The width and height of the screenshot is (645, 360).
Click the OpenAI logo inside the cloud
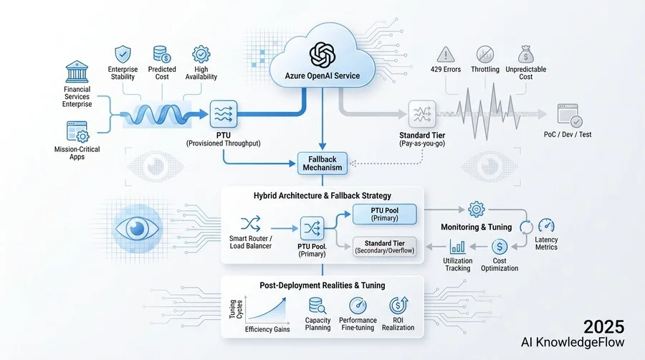point(322,55)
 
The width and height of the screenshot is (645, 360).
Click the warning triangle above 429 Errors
point(446,54)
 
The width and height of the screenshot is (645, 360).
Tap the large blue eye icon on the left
point(137,227)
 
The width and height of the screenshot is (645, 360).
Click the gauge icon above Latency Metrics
point(545,226)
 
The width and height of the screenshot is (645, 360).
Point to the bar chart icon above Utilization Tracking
point(458,247)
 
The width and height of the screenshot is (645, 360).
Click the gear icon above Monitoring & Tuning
point(476,209)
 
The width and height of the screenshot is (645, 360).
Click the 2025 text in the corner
point(603,326)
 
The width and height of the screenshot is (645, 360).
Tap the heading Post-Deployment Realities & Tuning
point(321,285)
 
